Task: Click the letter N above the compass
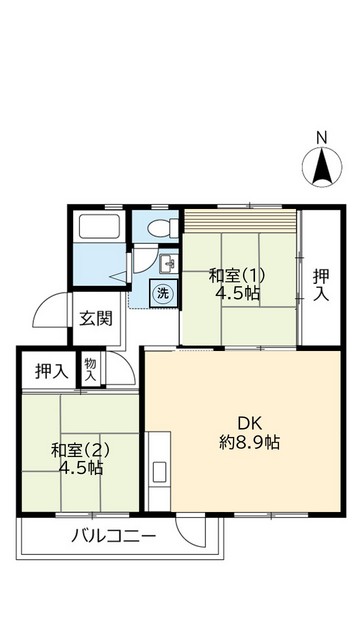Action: (x=322, y=138)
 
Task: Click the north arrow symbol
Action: (x=322, y=167)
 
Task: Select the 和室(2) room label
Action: (x=78, y=449)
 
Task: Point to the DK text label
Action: (x=249, y=422)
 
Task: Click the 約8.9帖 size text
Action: (x=250, y=442)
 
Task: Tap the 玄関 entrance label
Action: (x=96, y=319)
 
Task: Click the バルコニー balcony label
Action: (x=113, y=537)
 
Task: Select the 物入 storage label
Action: (x=90, y=369)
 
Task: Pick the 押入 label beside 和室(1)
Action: (x=320, y=284)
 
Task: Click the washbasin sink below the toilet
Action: (x=167, y=265)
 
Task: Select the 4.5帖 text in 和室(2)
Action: (x=79, y=467)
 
